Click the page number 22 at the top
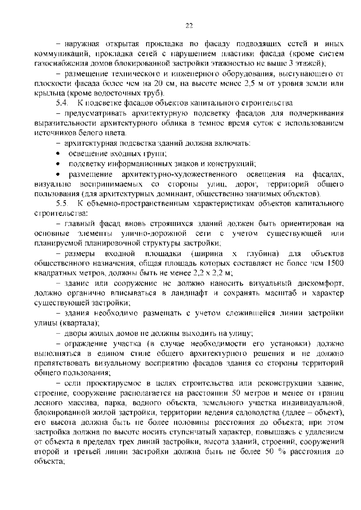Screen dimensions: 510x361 [189, 26]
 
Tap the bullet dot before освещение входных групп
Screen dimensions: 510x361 [58, 154]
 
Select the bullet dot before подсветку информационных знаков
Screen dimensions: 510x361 [58, 164]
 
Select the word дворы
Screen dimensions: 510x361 [75, 333]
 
